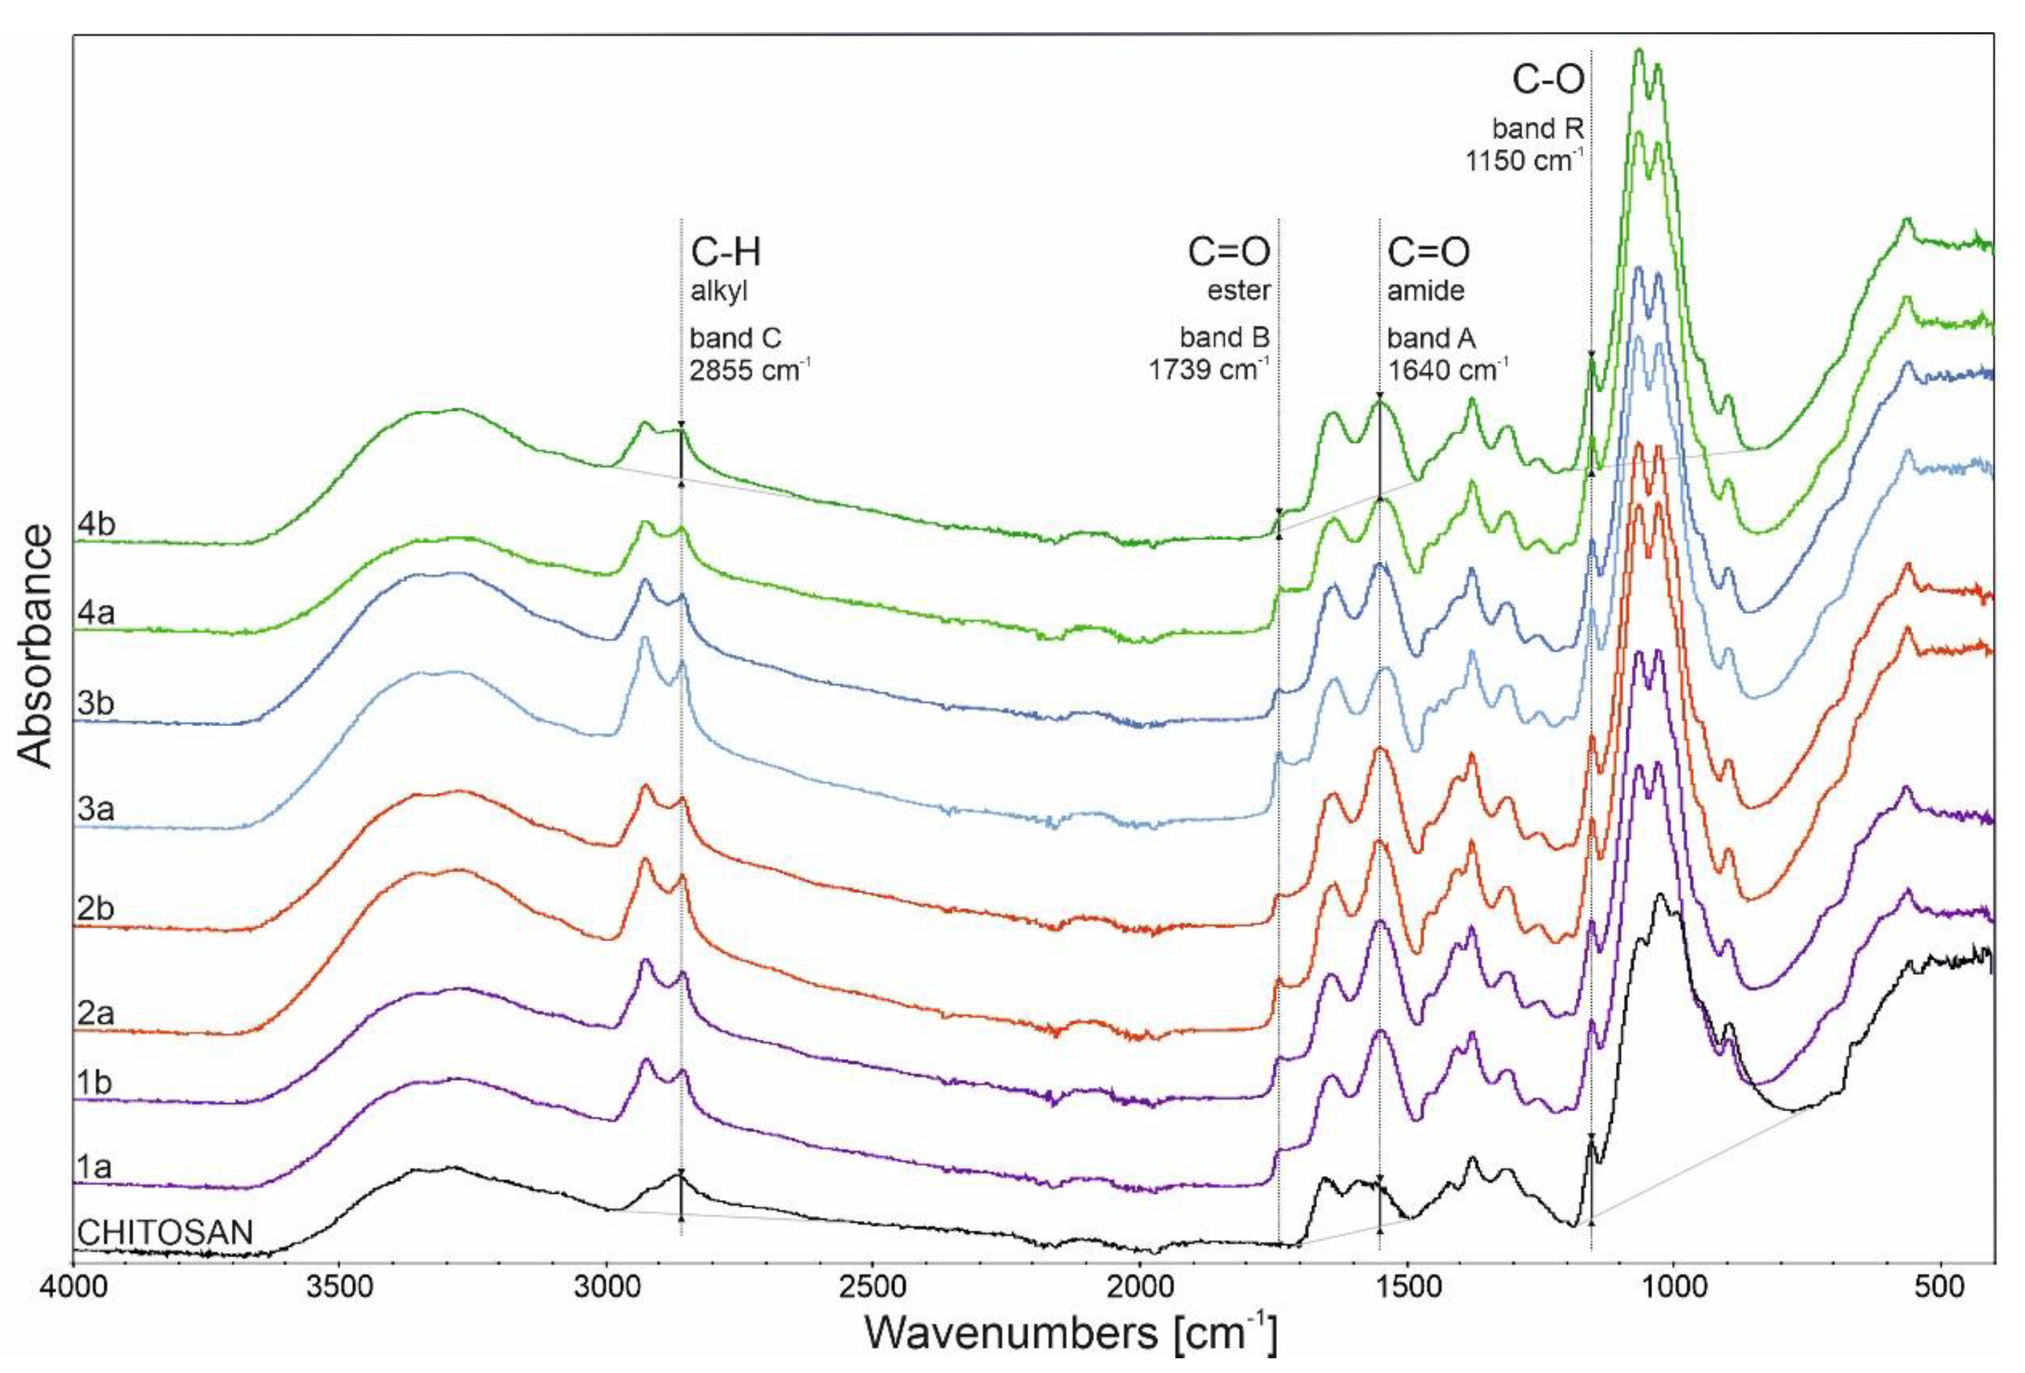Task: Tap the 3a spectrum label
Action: pos(96,809)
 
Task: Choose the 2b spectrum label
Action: pos(96,908)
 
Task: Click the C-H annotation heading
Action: pos(726,253)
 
